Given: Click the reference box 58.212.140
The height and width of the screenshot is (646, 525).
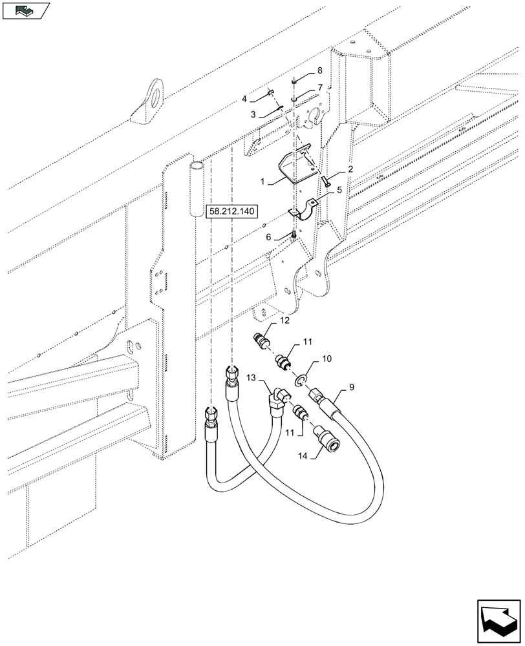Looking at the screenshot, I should point(231,211).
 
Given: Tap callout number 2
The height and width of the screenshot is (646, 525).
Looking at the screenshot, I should point(350,169).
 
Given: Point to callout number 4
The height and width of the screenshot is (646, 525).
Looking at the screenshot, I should point(245,99).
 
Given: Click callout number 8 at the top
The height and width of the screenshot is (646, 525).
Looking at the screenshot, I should point(319,70).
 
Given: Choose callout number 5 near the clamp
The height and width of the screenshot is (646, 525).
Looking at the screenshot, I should point(339,191).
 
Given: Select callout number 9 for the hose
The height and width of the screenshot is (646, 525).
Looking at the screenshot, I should point(351,388).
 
